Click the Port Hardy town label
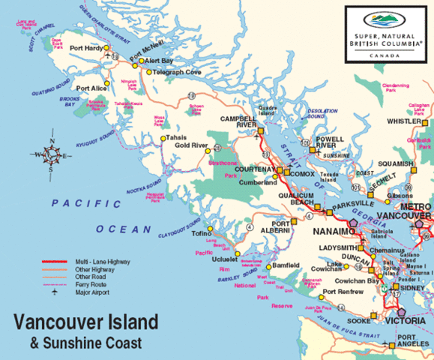tap(87, 49)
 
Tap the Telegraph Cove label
tap(178, 73)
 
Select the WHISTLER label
tap(405, 121)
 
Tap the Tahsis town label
tap(177, 138)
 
